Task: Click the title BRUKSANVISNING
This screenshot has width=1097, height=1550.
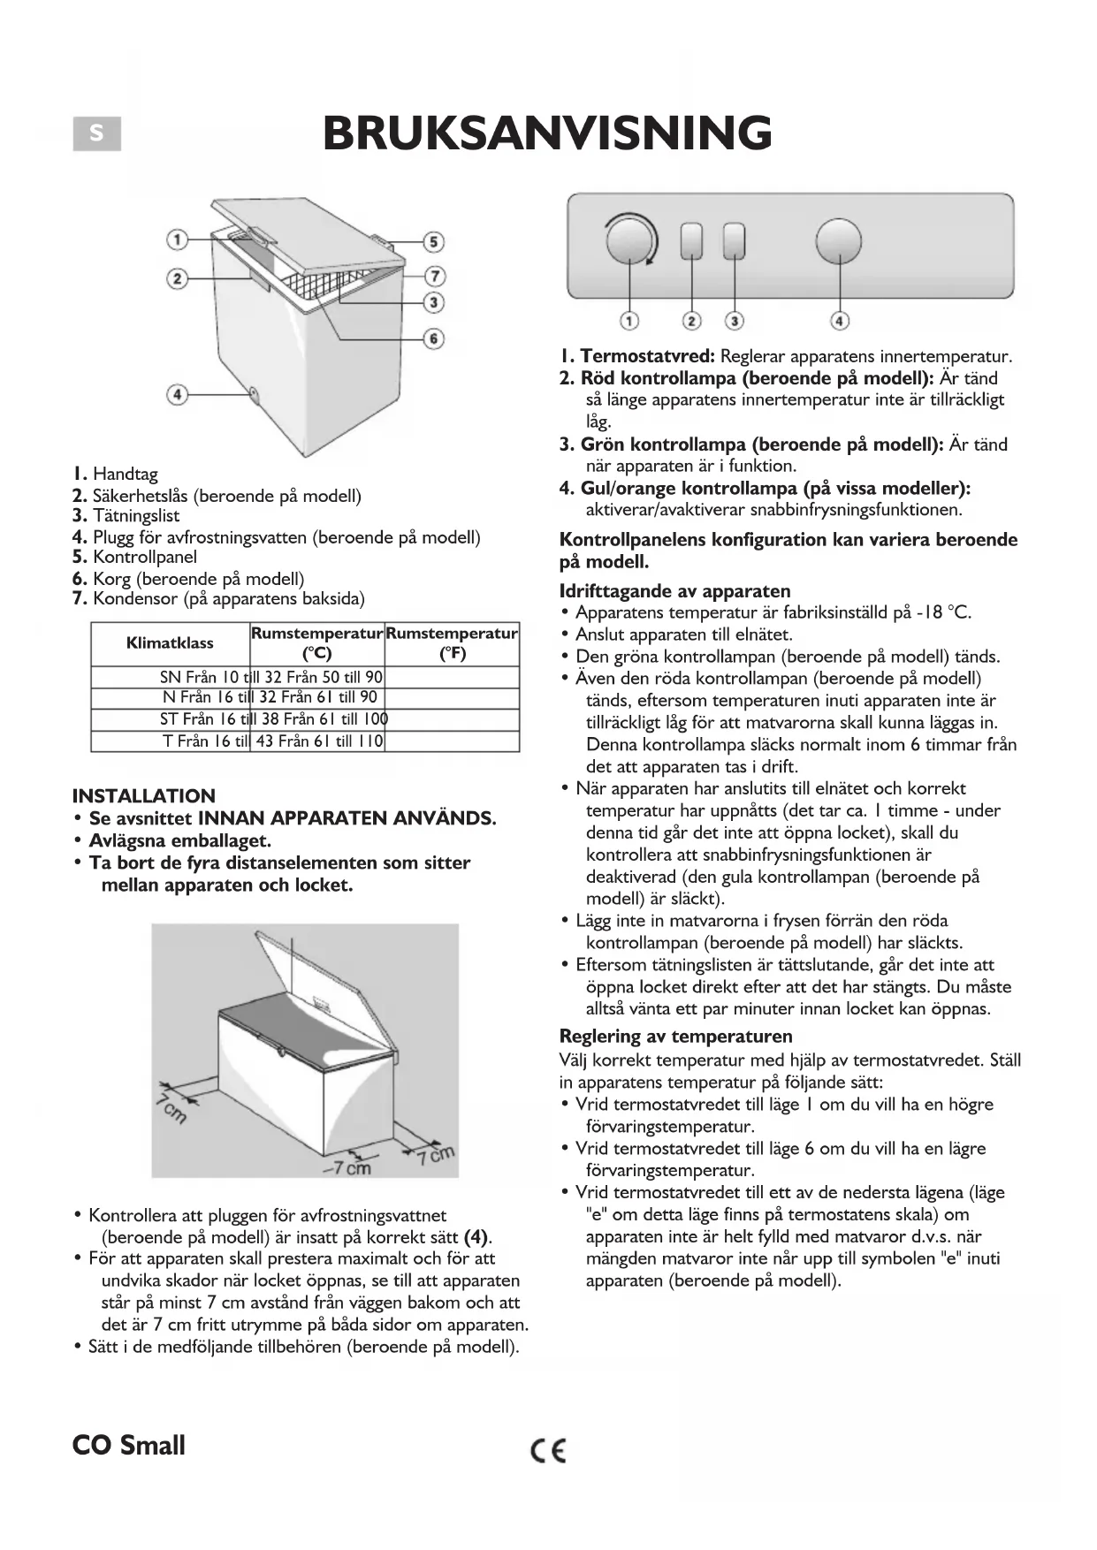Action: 547,133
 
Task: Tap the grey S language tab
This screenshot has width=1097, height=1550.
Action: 96,134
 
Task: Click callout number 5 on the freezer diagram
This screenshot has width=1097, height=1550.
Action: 432,241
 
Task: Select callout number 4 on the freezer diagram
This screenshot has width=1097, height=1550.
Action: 178,393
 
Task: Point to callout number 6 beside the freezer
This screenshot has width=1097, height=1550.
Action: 433,338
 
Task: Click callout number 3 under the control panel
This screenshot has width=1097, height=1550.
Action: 735,321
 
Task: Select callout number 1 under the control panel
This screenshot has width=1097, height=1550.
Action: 629,321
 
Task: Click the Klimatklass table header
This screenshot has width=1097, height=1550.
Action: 170,643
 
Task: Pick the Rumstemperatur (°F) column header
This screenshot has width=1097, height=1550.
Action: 452,643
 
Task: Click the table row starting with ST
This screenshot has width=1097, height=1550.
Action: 274,719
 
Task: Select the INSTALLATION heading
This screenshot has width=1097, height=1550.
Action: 144,795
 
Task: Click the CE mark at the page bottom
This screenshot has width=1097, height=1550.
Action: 548,1450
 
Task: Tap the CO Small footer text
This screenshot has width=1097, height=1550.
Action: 129,1446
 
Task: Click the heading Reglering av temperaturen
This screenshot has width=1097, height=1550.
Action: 675,1036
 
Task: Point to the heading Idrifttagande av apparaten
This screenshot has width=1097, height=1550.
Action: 674,591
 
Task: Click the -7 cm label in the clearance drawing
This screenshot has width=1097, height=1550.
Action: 347,1168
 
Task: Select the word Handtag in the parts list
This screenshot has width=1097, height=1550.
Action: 125,474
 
